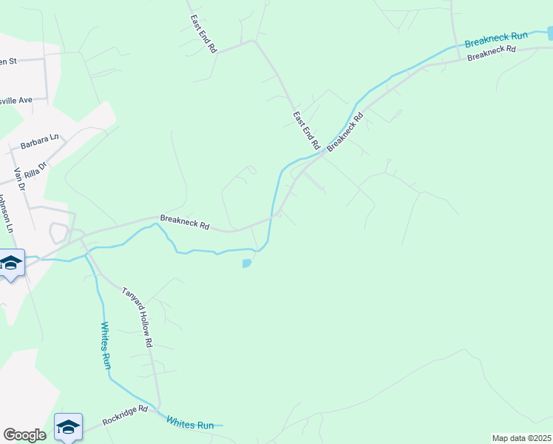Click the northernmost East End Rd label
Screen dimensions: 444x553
[x=203, y=33]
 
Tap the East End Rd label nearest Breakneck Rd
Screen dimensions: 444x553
[x=305, y=128]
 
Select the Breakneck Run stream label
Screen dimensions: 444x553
[x=495, y=38]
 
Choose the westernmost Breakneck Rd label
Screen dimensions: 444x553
[x=185, y=222]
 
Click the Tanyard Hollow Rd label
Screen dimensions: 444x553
[x=137, y=317]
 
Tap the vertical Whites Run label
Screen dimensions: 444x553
[x=106, y=346]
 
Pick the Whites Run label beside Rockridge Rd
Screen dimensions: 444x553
[x=190, y=424]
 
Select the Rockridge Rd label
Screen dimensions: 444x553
[x=125, y=414]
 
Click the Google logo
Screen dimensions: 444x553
[x=24, y=434]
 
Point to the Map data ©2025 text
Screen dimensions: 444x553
[x=521, y=438]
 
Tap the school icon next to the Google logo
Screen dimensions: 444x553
[x=68, y=426]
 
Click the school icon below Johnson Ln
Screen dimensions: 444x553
[x=11, y=263]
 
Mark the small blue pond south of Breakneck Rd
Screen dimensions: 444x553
[x=247, y=263]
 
